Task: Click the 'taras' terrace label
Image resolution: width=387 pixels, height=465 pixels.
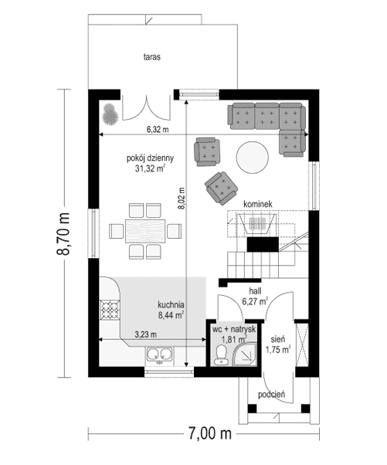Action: tap(151, 56)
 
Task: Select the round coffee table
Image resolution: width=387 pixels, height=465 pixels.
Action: tap(253, 158)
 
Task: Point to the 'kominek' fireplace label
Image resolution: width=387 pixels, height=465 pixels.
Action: tap(257, 204)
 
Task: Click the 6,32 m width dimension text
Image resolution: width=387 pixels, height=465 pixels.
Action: tap(158, 130)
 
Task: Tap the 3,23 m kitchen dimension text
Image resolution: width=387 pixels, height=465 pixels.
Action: tap(146, 334)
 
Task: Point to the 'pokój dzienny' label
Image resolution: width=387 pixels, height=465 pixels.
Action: tap(151, 158)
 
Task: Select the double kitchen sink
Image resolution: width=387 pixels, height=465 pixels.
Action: tap(160, 356)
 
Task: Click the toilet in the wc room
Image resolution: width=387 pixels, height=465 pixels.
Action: tap(221, 355)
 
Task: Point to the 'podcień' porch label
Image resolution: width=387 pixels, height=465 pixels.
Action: tap(273, 395)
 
